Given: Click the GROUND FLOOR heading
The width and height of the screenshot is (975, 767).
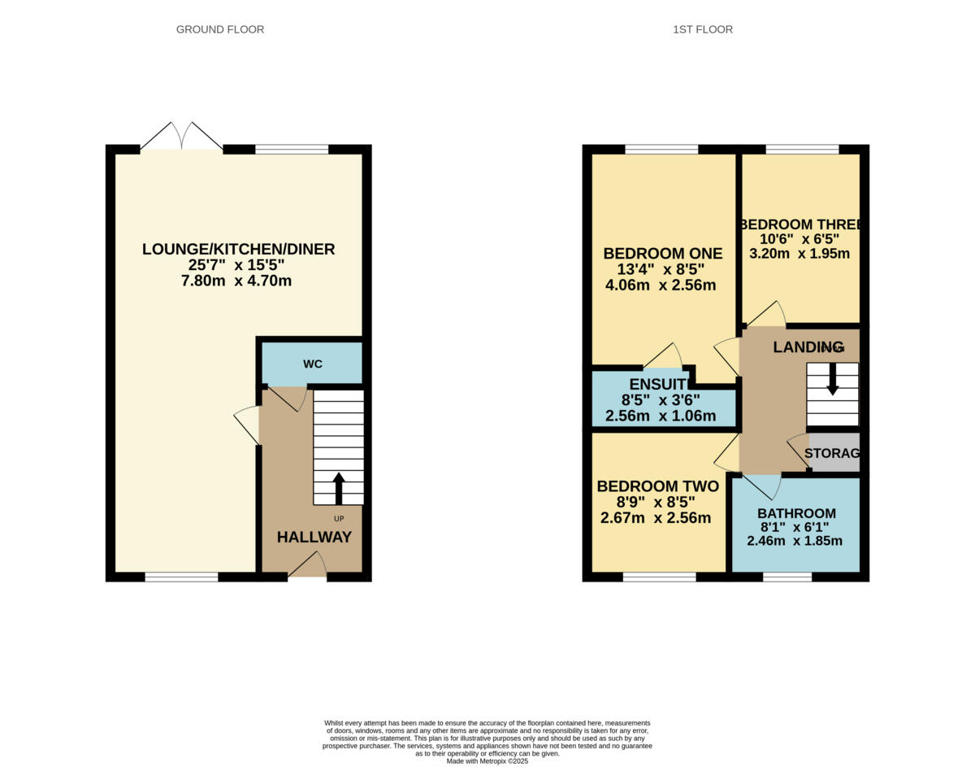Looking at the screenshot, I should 220,29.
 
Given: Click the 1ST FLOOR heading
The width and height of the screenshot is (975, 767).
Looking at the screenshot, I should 702,29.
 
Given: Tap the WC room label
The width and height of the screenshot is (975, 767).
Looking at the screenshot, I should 313,364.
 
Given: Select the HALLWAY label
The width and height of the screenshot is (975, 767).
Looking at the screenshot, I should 314,537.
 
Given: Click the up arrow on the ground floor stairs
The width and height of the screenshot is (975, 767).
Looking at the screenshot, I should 339,488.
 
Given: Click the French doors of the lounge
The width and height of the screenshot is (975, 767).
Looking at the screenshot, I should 181,137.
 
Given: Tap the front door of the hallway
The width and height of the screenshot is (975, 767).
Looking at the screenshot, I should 308,565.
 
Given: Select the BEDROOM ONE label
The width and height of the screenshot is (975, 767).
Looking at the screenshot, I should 662,254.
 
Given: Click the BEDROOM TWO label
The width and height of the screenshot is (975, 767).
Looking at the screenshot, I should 657,486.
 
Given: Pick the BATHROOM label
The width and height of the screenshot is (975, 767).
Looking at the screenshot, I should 796,513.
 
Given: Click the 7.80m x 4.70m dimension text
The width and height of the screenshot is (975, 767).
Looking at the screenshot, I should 236,281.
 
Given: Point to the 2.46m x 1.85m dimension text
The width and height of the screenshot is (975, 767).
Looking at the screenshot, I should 795,541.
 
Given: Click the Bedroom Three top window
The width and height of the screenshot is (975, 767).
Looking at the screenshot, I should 802,149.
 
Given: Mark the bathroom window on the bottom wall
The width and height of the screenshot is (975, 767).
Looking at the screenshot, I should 786,577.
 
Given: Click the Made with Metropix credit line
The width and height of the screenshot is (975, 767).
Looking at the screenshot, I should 487,761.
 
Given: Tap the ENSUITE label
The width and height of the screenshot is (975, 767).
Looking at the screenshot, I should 660,385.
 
